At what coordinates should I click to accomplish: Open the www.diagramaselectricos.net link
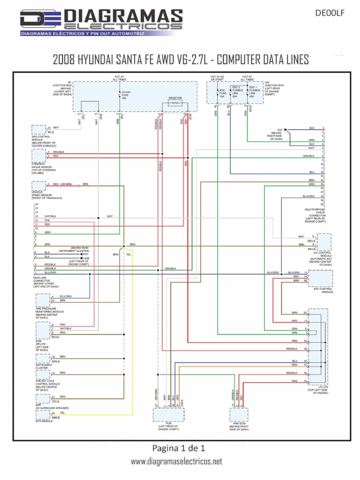tap(176, 461)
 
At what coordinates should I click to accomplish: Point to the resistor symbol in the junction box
tap(175, 103)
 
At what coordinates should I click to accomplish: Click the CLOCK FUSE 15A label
tap(126, 95)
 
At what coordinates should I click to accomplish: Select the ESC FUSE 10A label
tap(222, 93)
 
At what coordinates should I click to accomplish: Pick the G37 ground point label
tap(280, 129)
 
